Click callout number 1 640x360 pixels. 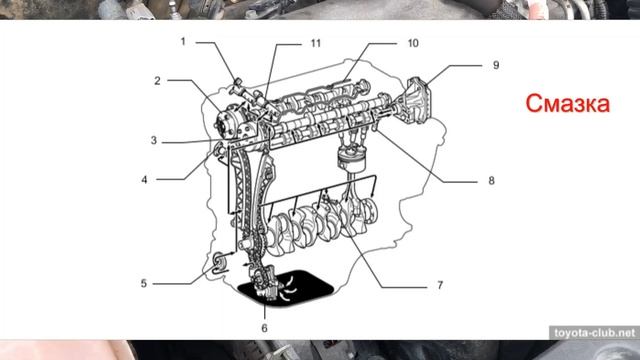(x=183, y=42)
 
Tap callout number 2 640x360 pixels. (x=157, y=81)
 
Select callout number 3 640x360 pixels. (x=154, y=140)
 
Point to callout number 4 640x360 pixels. (x=144, y=180)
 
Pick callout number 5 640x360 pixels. (x=144, y=283)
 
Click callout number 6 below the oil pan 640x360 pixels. (x=264, y=328)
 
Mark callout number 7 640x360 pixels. (x=440, y=285)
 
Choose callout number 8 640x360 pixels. (x=491, y=180)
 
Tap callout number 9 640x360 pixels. (x=496, y=65)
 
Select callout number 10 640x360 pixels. (x=413, y=43)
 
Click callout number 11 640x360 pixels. (x=316, y=43)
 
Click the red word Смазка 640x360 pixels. (x=567, y=103)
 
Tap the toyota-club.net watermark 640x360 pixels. (x=595, y=333)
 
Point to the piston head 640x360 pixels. (x=352, y=160)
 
